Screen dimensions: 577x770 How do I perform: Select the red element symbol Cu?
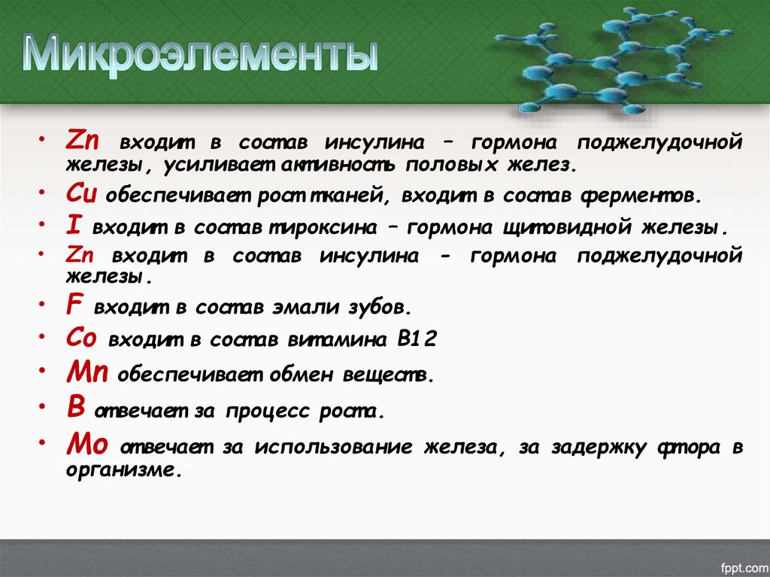point(80,194)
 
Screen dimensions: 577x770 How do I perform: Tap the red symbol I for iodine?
point(72,226)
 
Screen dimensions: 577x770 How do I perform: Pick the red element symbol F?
point(74,305)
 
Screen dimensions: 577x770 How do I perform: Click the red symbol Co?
point(81,339)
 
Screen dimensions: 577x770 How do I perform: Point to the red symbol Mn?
point(86,372)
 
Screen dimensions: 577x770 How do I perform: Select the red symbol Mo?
point(86,444)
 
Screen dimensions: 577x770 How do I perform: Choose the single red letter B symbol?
point(74,407)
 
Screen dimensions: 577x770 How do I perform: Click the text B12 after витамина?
point(417,339)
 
